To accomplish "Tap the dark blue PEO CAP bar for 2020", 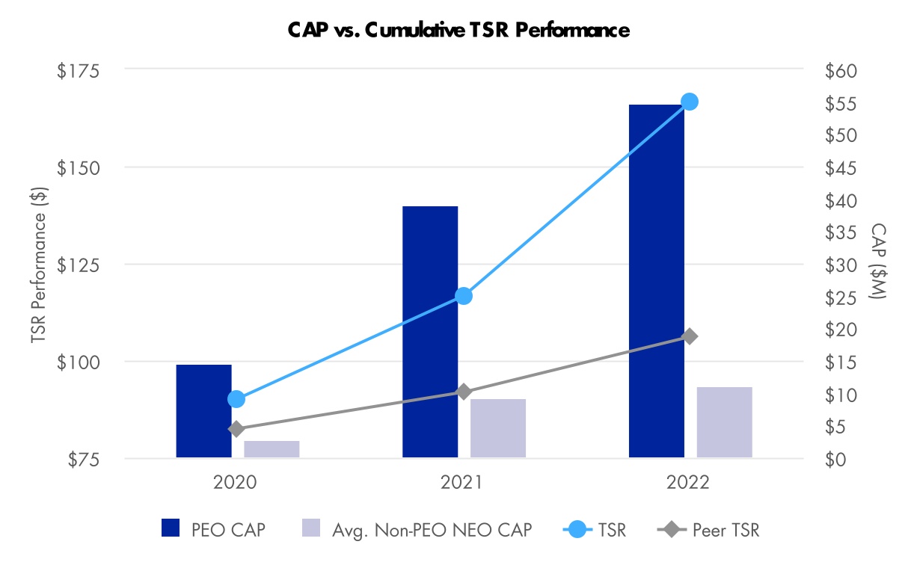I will click(203, 410).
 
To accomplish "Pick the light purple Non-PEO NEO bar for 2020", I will click(272, 449).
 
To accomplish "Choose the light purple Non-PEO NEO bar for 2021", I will click(498, 428).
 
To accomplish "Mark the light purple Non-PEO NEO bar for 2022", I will click(724, 422).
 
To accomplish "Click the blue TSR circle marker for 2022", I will click(690, 102).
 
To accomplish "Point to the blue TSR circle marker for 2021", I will click(464, 296).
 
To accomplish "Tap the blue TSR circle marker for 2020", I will click(236, 399).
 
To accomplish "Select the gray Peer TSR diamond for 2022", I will click(690, 336).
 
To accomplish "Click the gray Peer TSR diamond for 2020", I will click(236, 429).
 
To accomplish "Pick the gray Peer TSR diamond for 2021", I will click(464, 392).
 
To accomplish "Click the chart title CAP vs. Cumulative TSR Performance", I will click(458, 31).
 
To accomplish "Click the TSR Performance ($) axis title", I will click(40, 265).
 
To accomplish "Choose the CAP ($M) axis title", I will click(877, 263).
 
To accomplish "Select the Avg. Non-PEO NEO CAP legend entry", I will click(417, 530).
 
